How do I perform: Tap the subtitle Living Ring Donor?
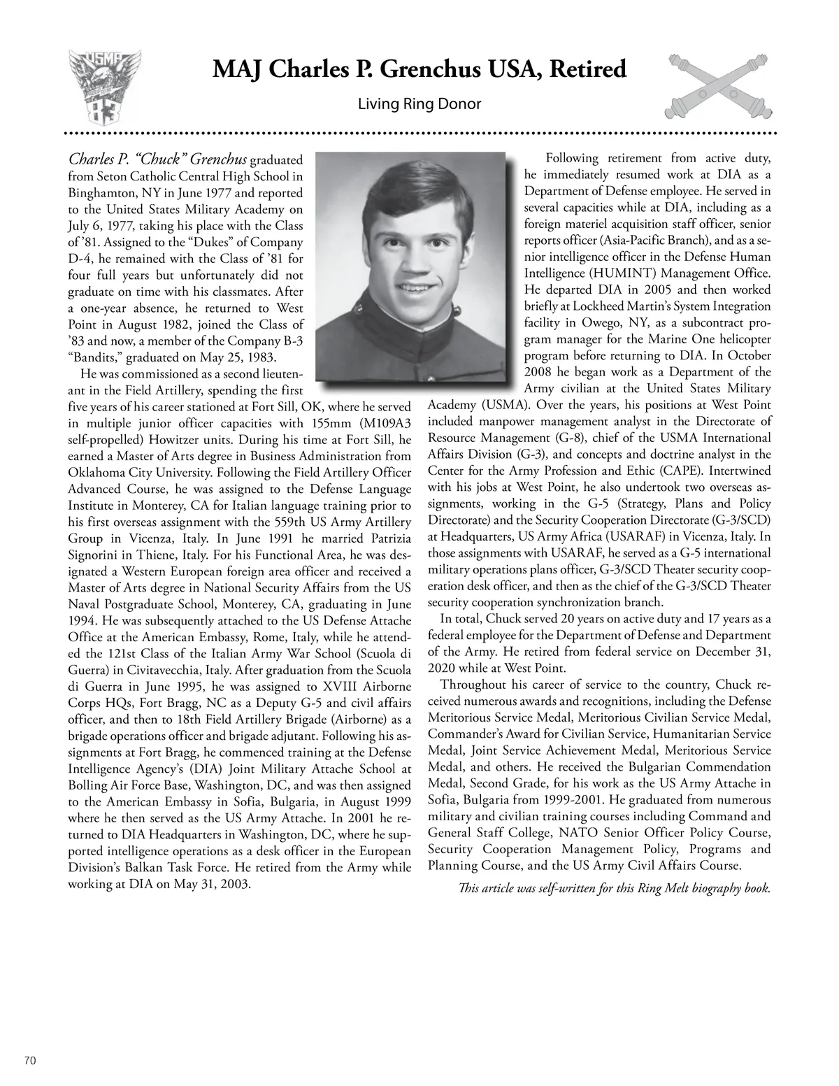pos(419,105)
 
